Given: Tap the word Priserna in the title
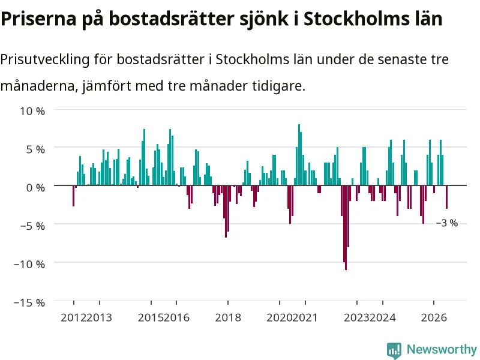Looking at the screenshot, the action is (x=38, y=19).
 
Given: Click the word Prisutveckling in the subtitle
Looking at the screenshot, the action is (x=44, y=59).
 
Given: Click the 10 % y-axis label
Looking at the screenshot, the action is (x=32, y=111).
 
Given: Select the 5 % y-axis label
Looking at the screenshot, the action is (x=35, y=149).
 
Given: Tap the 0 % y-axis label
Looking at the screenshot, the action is (x=35, y=188).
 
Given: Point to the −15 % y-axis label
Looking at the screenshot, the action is (x=29, y=303).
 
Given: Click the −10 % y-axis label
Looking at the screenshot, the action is (x=29, y=264).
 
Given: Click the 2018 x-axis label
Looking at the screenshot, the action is (x=228, y=318).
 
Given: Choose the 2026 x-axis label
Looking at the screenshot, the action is (x=434, y=318).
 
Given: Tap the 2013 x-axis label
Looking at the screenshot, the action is (x=99, y=318).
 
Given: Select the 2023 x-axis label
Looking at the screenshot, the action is (x=356, y=318).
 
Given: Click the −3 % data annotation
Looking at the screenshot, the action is (x=446, y=223).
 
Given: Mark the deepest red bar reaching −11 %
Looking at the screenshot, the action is (x=346, y=228).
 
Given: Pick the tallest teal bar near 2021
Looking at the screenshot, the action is (x=299, y=155).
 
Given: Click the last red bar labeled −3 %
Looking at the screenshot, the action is (x=446, y=197).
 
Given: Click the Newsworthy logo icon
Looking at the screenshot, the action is (x=394, y=350).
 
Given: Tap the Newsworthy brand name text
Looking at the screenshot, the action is (x=442, y=349).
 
